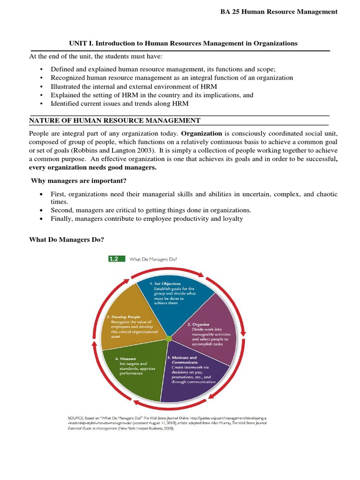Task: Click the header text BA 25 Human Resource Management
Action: pyautogui.click(x=278, y=12)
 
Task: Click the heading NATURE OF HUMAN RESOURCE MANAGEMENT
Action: pyautogui.click(x=115, y=120)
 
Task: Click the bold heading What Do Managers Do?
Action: pyautogui.click(x=67, y=240)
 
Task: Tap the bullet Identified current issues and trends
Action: pyautogui.click(x=122, y=103)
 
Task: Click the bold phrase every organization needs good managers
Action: pyautogui.click(x=93, y=167)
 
